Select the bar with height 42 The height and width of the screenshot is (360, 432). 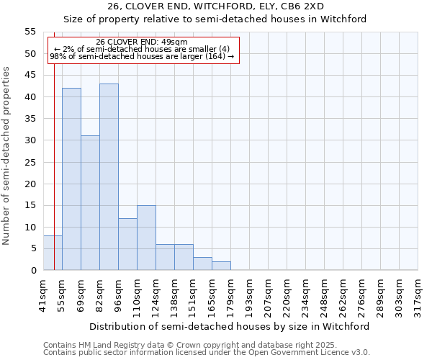(x=71, y=179)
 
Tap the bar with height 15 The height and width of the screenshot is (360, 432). (x=146, y=238)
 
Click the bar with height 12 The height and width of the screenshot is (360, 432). (x=127, y=244)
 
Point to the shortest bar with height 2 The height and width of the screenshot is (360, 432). (x=221, y=266)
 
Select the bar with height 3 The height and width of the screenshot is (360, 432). (x=202, y=264)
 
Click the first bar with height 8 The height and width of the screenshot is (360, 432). (x=53, y=253)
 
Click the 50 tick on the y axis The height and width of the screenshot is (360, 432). (x=30, y=54)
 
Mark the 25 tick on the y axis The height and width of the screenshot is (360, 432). (x=30, y=162)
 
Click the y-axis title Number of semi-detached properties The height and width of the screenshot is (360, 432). (x=6, y=156)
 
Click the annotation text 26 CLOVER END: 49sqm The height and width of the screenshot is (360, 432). (x=142, y=42)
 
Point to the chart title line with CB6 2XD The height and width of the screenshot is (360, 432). (x=215, y=6)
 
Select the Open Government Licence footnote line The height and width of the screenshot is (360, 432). (x=207, y=353)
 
